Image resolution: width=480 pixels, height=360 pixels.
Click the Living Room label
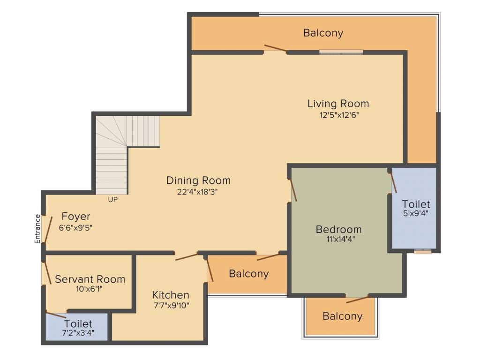[x=338, y=103]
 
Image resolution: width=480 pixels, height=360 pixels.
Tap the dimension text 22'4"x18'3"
[x=198, y=191]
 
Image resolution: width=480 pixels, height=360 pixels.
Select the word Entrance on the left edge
[x=37, y=229]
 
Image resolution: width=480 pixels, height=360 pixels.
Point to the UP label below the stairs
[x=112, y=199]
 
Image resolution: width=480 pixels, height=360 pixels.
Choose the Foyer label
[x=76, y=217]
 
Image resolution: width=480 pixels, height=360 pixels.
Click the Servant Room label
[x=90, y=279]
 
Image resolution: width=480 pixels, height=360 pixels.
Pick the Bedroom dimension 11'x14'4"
[x=338, y=239]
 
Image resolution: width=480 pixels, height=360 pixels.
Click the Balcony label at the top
[x=323, y=33]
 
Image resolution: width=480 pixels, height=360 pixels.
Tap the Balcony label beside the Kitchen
[x=249, y=274]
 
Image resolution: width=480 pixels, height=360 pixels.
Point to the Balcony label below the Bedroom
[x=342, y=316]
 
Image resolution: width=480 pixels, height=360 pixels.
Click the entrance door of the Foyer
[x=45, y=230]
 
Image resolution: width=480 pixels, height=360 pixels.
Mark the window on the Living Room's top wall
[x=341, y=52]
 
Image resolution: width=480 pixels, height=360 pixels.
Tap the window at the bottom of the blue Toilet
[x=422, y=251]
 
